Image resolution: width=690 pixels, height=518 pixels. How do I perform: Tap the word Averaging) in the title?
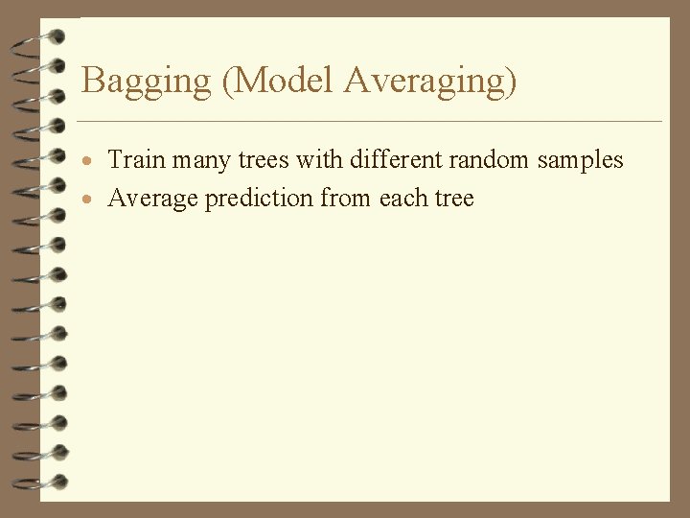click(x=429, y=81)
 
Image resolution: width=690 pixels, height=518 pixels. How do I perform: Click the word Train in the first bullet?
click(x=136, y=159)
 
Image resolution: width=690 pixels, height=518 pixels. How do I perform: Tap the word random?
click(x=490, y=159)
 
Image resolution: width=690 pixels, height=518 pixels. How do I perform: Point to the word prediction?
click(x=256, y=199)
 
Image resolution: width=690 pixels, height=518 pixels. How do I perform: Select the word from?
click(x=346, y=199)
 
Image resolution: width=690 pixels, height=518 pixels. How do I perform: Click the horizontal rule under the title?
click(x=369, y=122)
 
